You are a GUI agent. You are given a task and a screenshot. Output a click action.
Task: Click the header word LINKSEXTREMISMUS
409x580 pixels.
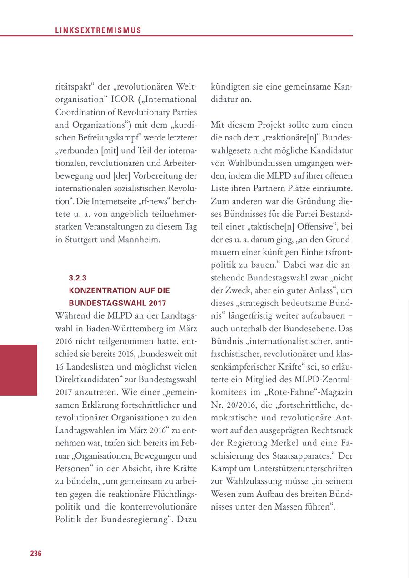[x=98, y=30]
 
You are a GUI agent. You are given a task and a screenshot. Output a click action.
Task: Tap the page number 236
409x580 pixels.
[x=36, y=553]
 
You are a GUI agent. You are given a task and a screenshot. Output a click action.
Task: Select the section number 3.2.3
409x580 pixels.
[x=77, y=278]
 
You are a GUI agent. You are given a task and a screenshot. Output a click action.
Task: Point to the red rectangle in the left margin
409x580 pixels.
[x=19, y=370]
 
